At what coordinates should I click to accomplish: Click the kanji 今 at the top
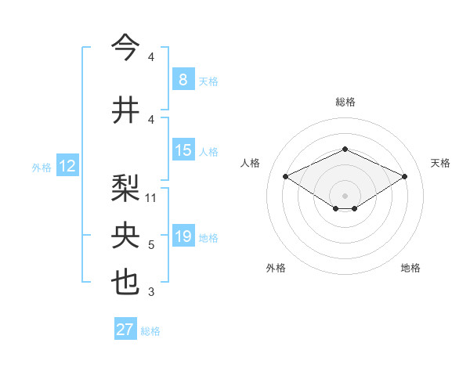[x=125, y=47]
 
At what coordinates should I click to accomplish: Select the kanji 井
[x=125, y=109]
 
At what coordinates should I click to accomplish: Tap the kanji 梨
[x=125, y=187]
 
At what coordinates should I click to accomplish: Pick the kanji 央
[x=125, y=236]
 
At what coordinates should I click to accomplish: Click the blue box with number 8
[x=183, y=79]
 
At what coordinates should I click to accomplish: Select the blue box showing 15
[x=183, y=150]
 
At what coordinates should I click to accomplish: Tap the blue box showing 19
[x=183, y=236]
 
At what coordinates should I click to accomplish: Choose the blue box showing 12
[x=67, y=166]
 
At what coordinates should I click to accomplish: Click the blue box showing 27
[x=125, y=330]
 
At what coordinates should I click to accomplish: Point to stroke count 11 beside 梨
[x=151, y=198]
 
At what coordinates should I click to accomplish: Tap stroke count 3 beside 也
[x=151, y=293]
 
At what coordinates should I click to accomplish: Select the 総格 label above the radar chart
[x=345, y=102]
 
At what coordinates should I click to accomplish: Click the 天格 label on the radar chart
[x=441, y=163]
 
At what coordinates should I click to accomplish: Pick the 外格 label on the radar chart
[x=276, y=268]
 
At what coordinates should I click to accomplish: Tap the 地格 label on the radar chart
[x=410, y=268]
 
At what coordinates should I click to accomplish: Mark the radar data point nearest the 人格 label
[x=285, y=175]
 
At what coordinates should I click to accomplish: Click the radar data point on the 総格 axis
[x=345, y=149]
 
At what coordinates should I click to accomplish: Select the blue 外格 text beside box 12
[x=42, y=167]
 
